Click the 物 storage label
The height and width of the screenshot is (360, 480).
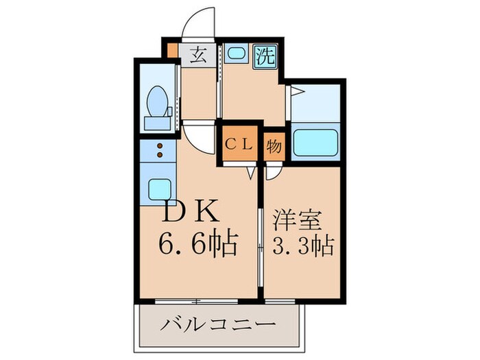pos(273,145)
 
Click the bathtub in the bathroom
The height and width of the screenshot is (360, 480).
pos(315,143)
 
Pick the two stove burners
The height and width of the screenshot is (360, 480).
pos(159,152)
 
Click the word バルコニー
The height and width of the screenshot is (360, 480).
pos(218,322)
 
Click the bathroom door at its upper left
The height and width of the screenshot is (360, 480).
pos(296,93)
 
